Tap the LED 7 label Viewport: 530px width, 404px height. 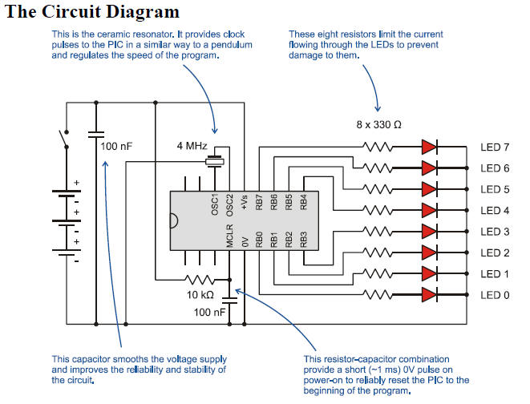click(x=494, y=147)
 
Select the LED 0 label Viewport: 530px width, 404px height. click(x=494, y=294)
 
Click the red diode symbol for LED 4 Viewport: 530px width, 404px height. click(x=429, y=210)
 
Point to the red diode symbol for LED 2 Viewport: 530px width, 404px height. click(x=429, y=252)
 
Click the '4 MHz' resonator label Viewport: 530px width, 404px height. click(x=192, y=146)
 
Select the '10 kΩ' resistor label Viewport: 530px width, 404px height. click(x=196, y=295)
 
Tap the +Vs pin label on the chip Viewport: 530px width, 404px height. click(x=245, y=205)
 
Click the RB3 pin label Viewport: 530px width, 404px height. click(x=303, y=240)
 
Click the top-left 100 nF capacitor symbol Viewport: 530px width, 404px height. click(x=95, y=132)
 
